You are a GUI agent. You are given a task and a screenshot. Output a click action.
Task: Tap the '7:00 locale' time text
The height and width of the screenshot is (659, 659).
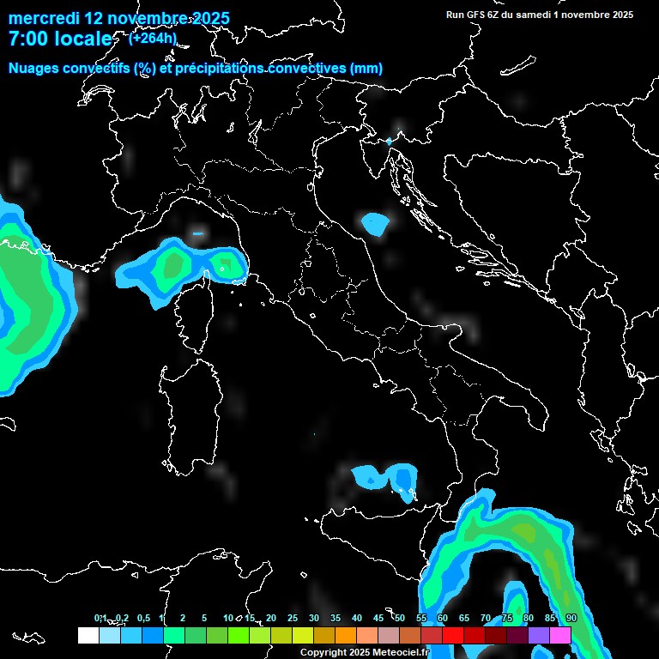click(x=60, y=39)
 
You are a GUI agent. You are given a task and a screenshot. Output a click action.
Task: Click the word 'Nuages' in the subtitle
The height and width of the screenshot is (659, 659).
click(x=33, y=69)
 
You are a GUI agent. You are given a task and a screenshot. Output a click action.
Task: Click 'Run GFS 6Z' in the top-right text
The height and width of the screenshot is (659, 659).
click(x=475, y=15)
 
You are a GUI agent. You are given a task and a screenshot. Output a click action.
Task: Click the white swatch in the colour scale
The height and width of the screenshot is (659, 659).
click(x=88, y=635)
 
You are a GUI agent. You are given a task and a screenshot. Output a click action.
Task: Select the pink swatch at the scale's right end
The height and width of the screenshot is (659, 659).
click(x=560, y=635)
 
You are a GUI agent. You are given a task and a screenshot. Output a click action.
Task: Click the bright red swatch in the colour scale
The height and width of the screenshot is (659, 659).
click(x=453, y=635)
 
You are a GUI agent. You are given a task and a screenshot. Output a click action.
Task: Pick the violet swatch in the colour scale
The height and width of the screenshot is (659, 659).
click(x=539, y=635)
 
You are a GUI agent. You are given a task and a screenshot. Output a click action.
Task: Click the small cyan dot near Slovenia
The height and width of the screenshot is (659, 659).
click(x=389, y=141)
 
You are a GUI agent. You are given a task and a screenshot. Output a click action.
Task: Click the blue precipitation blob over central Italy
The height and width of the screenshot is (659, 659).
click(x=375, y=224)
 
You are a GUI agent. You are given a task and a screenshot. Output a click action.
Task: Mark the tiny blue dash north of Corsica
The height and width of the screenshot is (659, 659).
click(x=198, y=233)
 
